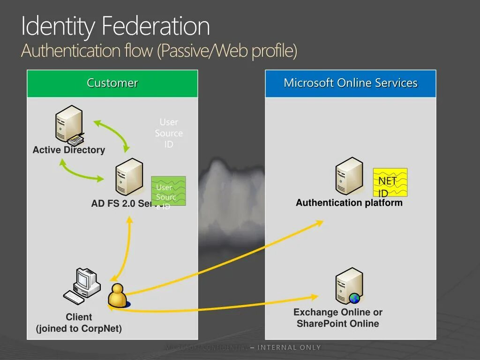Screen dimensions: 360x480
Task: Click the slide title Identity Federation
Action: pyautogui.click(x=115, y=26)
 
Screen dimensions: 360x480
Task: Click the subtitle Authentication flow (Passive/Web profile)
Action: pyautogui.click(x=159, y=51)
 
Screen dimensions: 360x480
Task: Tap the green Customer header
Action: pyautogui.click(x=112, y=83)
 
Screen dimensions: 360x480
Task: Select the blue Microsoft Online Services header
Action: pyautogui.click(x=351, y=83)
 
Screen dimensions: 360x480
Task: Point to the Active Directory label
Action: pyautogui.click(x=69, y=150)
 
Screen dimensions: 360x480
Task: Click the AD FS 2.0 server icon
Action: pyautogui.click(x=129, y=177)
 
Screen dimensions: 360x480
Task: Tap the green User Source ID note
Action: pyautogui.click(x=168, y=191)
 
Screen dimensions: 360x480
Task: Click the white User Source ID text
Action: pyautogui.click(x=169, y=133)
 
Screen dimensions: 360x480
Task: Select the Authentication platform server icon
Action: pyautogui.click(x=349, y=176)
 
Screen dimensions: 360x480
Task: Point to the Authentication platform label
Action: pyautogui.click(x=349, y=203)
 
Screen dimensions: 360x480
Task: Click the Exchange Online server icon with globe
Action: pyautogui.click(x=349, y=286)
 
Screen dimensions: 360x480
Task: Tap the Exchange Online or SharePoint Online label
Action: pyautogui.click(x=338, y=318)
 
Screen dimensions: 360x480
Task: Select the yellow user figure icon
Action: pyautogui.click(x=118, y=296)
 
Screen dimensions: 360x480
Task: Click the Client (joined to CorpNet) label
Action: pyautogui.click(x=79, y=323)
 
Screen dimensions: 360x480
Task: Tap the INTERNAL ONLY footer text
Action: pyautogui.click(x=289, y=347)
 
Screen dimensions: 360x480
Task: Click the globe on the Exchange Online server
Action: pyautogui.click(x=355, y=298)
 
